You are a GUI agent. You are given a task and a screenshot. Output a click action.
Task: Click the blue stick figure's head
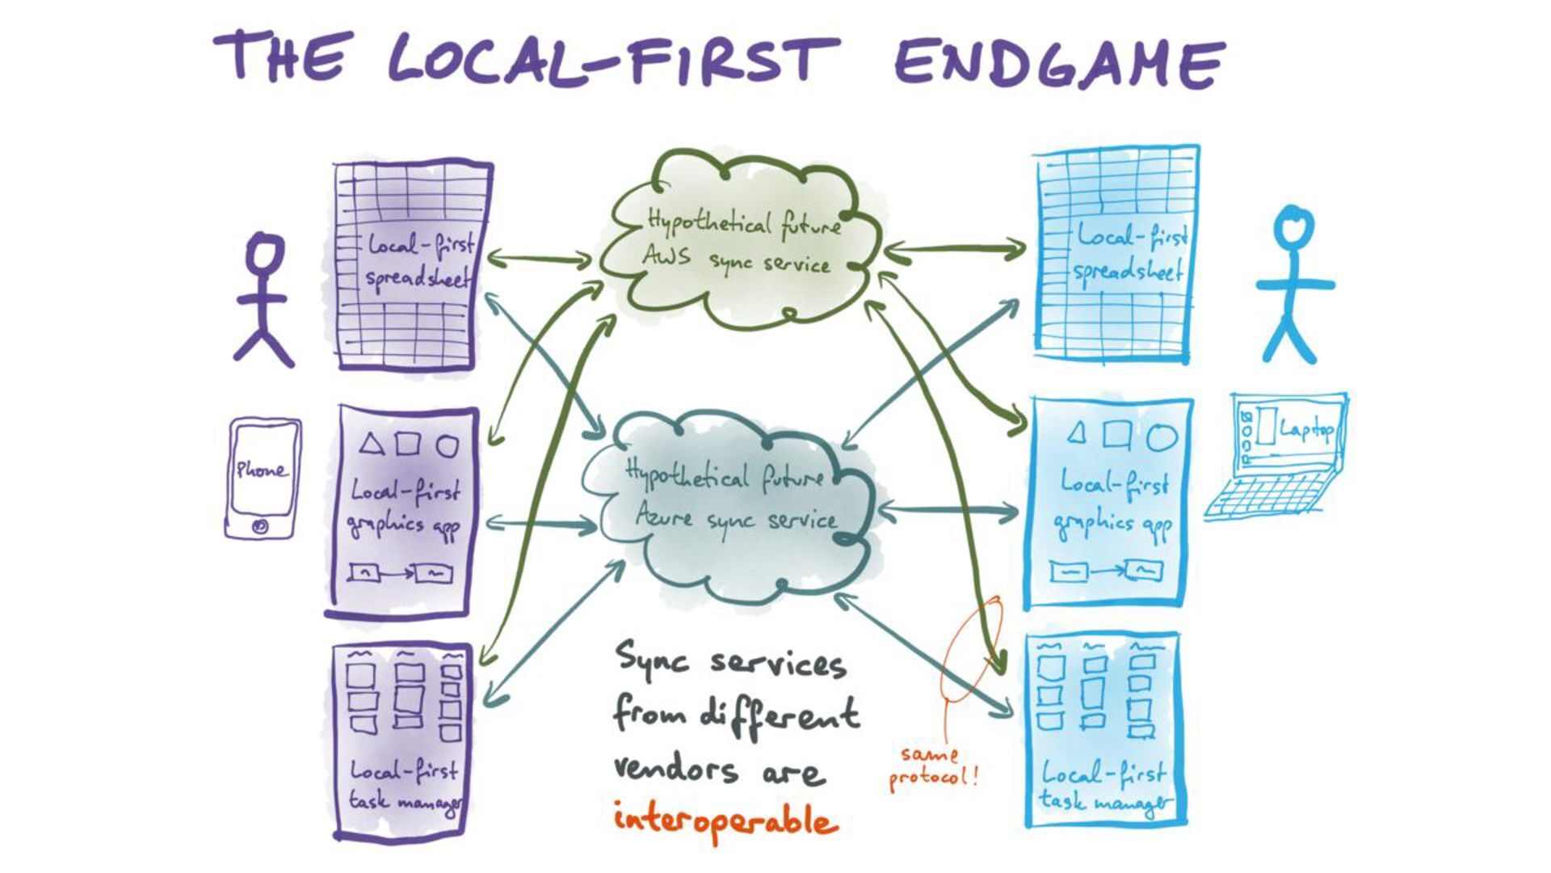tap(1293, 227)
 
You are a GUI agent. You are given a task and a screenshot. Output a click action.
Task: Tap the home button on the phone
tap(260, 526)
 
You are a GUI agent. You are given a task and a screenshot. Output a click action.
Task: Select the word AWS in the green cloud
tap(666, 257)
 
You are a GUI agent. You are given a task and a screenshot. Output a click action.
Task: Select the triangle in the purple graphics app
tap(371, 444)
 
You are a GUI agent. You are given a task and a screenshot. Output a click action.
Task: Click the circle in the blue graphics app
tap(1162, 436)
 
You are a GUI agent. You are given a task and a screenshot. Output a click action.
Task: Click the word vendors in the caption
tap(675, 768)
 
